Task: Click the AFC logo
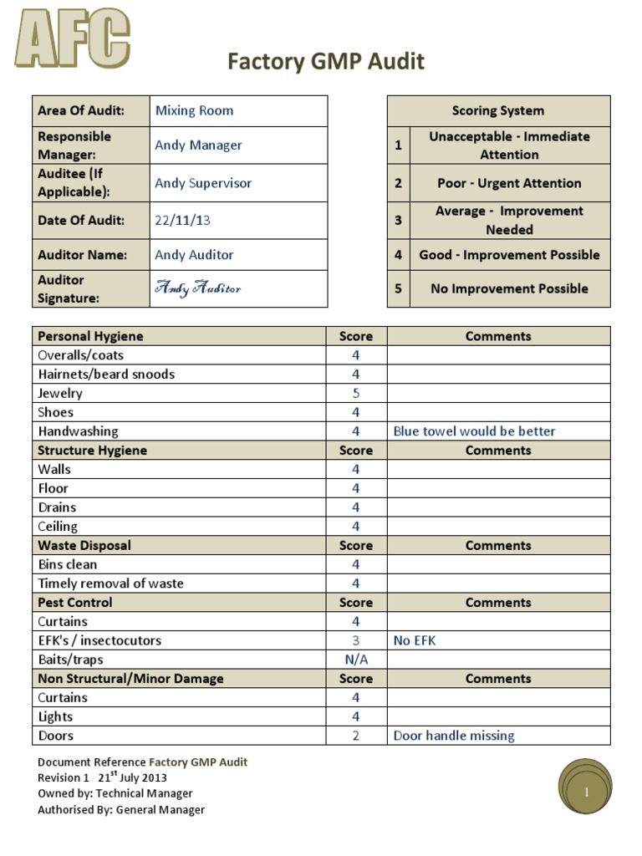[x=72, y=38]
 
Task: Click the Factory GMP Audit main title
[x=326, y=61]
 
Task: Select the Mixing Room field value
[x=194, y=110]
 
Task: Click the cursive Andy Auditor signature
[x=198, y=288]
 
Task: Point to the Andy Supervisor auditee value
[x=203, y=183]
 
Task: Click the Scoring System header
[x=497, y=110]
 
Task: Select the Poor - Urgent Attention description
[x=509, y=183]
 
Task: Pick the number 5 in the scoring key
[x=398, y=288]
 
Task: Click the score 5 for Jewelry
[x=355, y=393]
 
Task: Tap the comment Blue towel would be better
[x=474, y=431]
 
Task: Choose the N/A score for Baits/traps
[x=355, y=660]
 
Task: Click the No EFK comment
[x=415, y=640]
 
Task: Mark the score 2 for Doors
[x=355, y=736]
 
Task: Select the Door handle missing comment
[x=454, y=736]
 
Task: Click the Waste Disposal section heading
[x=84, y=545]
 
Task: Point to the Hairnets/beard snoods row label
[x=106, y=374]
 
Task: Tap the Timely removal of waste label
[x=110, y=583]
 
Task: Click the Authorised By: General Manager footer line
[x=121, y=809]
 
